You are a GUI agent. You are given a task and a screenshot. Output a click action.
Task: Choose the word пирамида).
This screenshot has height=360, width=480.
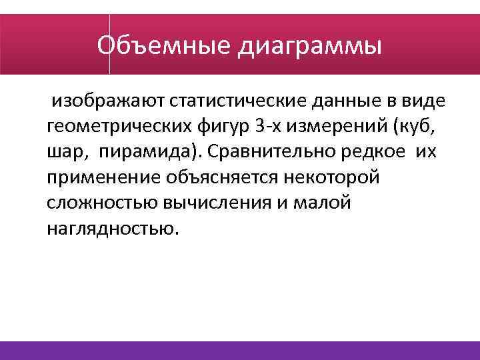click(x=151, y=152)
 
